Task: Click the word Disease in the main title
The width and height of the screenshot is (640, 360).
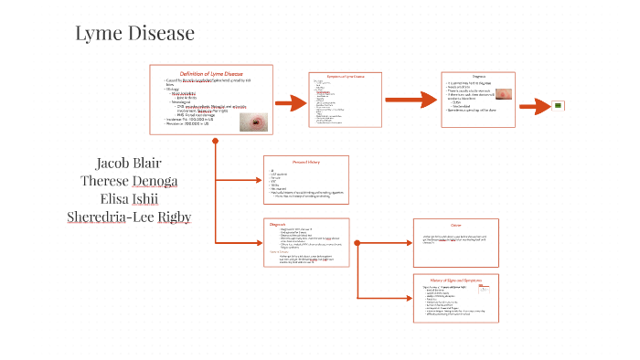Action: [163, 35]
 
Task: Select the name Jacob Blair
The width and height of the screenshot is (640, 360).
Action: [129, 164]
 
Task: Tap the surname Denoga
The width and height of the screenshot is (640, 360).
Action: [152, 181]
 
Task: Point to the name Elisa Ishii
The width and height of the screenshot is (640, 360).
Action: [129, 199]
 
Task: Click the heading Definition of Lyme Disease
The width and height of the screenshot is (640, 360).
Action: [210, 73]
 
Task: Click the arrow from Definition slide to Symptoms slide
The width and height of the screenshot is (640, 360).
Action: [290, 102]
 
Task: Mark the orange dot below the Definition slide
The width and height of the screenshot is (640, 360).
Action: [215, 142]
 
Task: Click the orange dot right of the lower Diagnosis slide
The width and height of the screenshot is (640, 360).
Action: [357, 242]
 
